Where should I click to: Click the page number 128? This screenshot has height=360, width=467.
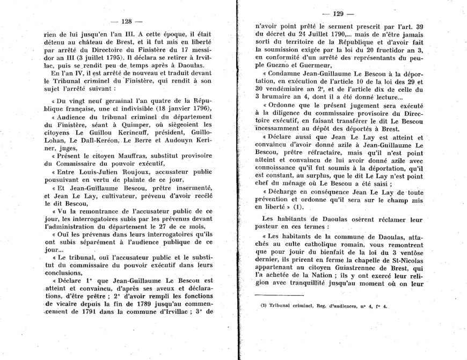tap(127, 21)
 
